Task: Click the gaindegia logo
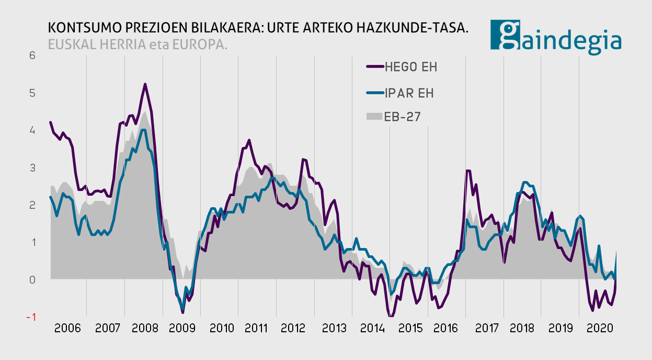556,36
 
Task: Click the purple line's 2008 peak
145,84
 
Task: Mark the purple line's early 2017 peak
468,171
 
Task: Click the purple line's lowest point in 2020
592,310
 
